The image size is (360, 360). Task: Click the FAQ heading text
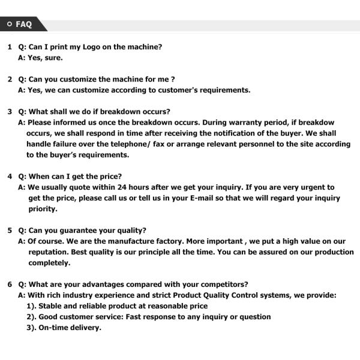click(x=24, y=25)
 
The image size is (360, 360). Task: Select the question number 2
click(x=10, y=79)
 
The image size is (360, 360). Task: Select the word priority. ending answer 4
click(x=43, y=209)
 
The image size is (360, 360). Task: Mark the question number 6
click(x=10, y=284)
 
